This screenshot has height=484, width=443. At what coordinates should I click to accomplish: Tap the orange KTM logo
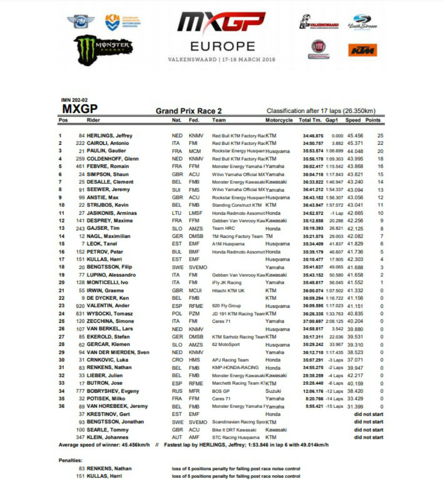click(x=362, y=50)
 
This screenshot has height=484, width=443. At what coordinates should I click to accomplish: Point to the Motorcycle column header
click(x=279, y=120)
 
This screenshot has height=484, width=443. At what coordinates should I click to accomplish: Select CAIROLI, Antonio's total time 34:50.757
click(x=313, y=143)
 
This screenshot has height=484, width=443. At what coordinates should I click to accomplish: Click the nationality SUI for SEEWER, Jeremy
click(x=176, y=190)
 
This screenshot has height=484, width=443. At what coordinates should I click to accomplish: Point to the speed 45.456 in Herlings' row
click(x=354, y=136)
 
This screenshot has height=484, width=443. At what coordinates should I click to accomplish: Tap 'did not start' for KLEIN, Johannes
click(x=368, y=438)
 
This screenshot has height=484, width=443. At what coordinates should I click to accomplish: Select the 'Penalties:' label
click(x=70, y=461)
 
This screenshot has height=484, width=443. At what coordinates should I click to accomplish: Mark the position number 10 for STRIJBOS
click(x=62, y=205)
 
